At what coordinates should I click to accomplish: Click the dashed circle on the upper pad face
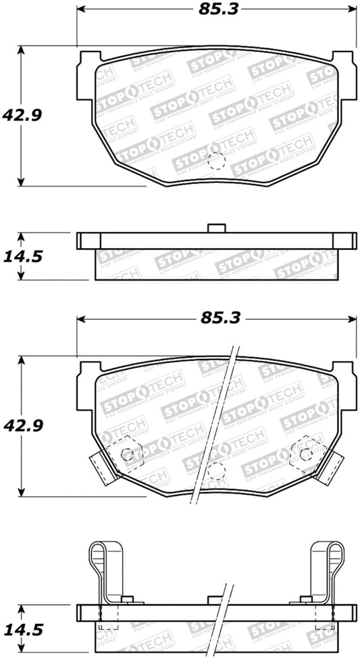point(216,161)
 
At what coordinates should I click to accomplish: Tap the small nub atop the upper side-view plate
point(215,228)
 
